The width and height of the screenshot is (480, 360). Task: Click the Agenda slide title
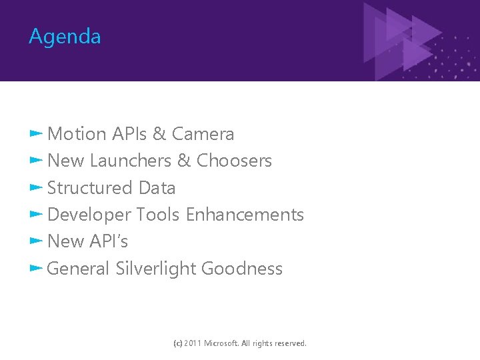pos(65,37)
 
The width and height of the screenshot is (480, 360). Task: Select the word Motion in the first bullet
pos(77,134)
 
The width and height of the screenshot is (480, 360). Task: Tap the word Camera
pos(203,134)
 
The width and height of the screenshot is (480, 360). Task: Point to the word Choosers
pos(234,161)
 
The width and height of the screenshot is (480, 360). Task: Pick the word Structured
pos(90,188)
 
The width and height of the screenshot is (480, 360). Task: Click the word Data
pos(157,188)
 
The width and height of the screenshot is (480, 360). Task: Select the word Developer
pos(89,215)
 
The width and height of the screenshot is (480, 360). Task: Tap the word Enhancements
pos(245,215)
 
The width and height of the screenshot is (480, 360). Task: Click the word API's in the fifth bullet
pos(109,241)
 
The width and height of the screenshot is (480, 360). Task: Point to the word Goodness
pos(241,269)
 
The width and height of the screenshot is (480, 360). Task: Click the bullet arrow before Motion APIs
pos(36,134)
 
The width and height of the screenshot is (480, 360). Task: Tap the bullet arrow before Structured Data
pos(36,188)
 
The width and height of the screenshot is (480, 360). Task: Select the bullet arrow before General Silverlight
pos(36,269)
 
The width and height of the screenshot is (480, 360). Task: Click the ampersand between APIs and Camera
pos(159,134)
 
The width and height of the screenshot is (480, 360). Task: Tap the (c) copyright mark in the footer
pos(177,343)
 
